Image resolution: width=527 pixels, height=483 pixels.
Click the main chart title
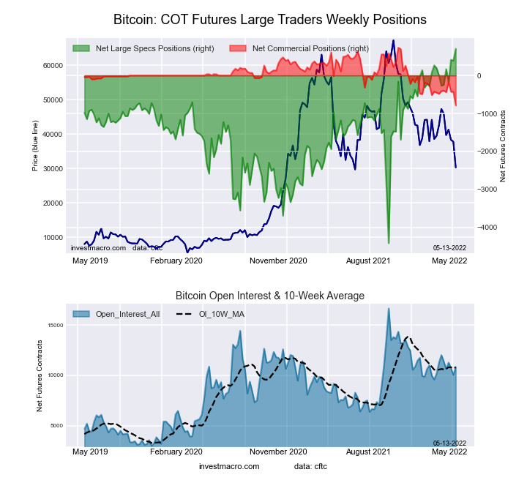click(270, 18)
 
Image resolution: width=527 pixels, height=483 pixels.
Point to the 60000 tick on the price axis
click(53, 65)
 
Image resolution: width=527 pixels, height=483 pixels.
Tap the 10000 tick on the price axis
click(53, 238)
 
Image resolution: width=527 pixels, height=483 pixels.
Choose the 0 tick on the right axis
click(480, 76)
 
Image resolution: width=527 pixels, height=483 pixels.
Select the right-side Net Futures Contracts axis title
click(504, 146)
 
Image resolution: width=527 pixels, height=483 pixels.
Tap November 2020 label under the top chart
click(278, 260)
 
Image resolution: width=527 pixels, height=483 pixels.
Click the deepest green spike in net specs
click(389, 242)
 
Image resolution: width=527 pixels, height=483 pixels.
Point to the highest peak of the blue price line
click(393, 41)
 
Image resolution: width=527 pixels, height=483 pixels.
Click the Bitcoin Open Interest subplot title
click(270, 295)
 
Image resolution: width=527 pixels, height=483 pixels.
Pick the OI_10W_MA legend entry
click(216, 314)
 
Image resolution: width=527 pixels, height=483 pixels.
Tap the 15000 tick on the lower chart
click(56, 325)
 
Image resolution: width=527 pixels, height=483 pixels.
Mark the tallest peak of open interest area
click(389, 309)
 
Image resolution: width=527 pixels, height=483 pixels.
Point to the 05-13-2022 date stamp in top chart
click(449, 248)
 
